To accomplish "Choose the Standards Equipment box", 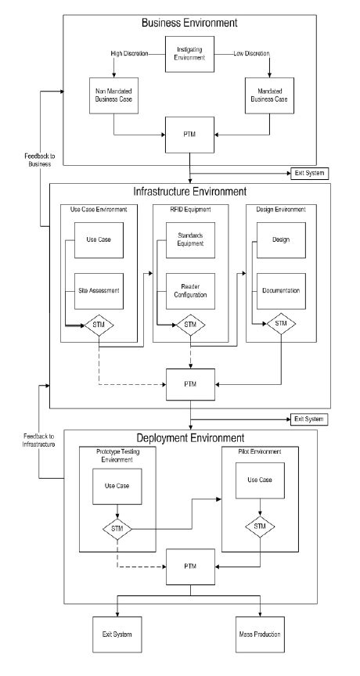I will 191,239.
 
